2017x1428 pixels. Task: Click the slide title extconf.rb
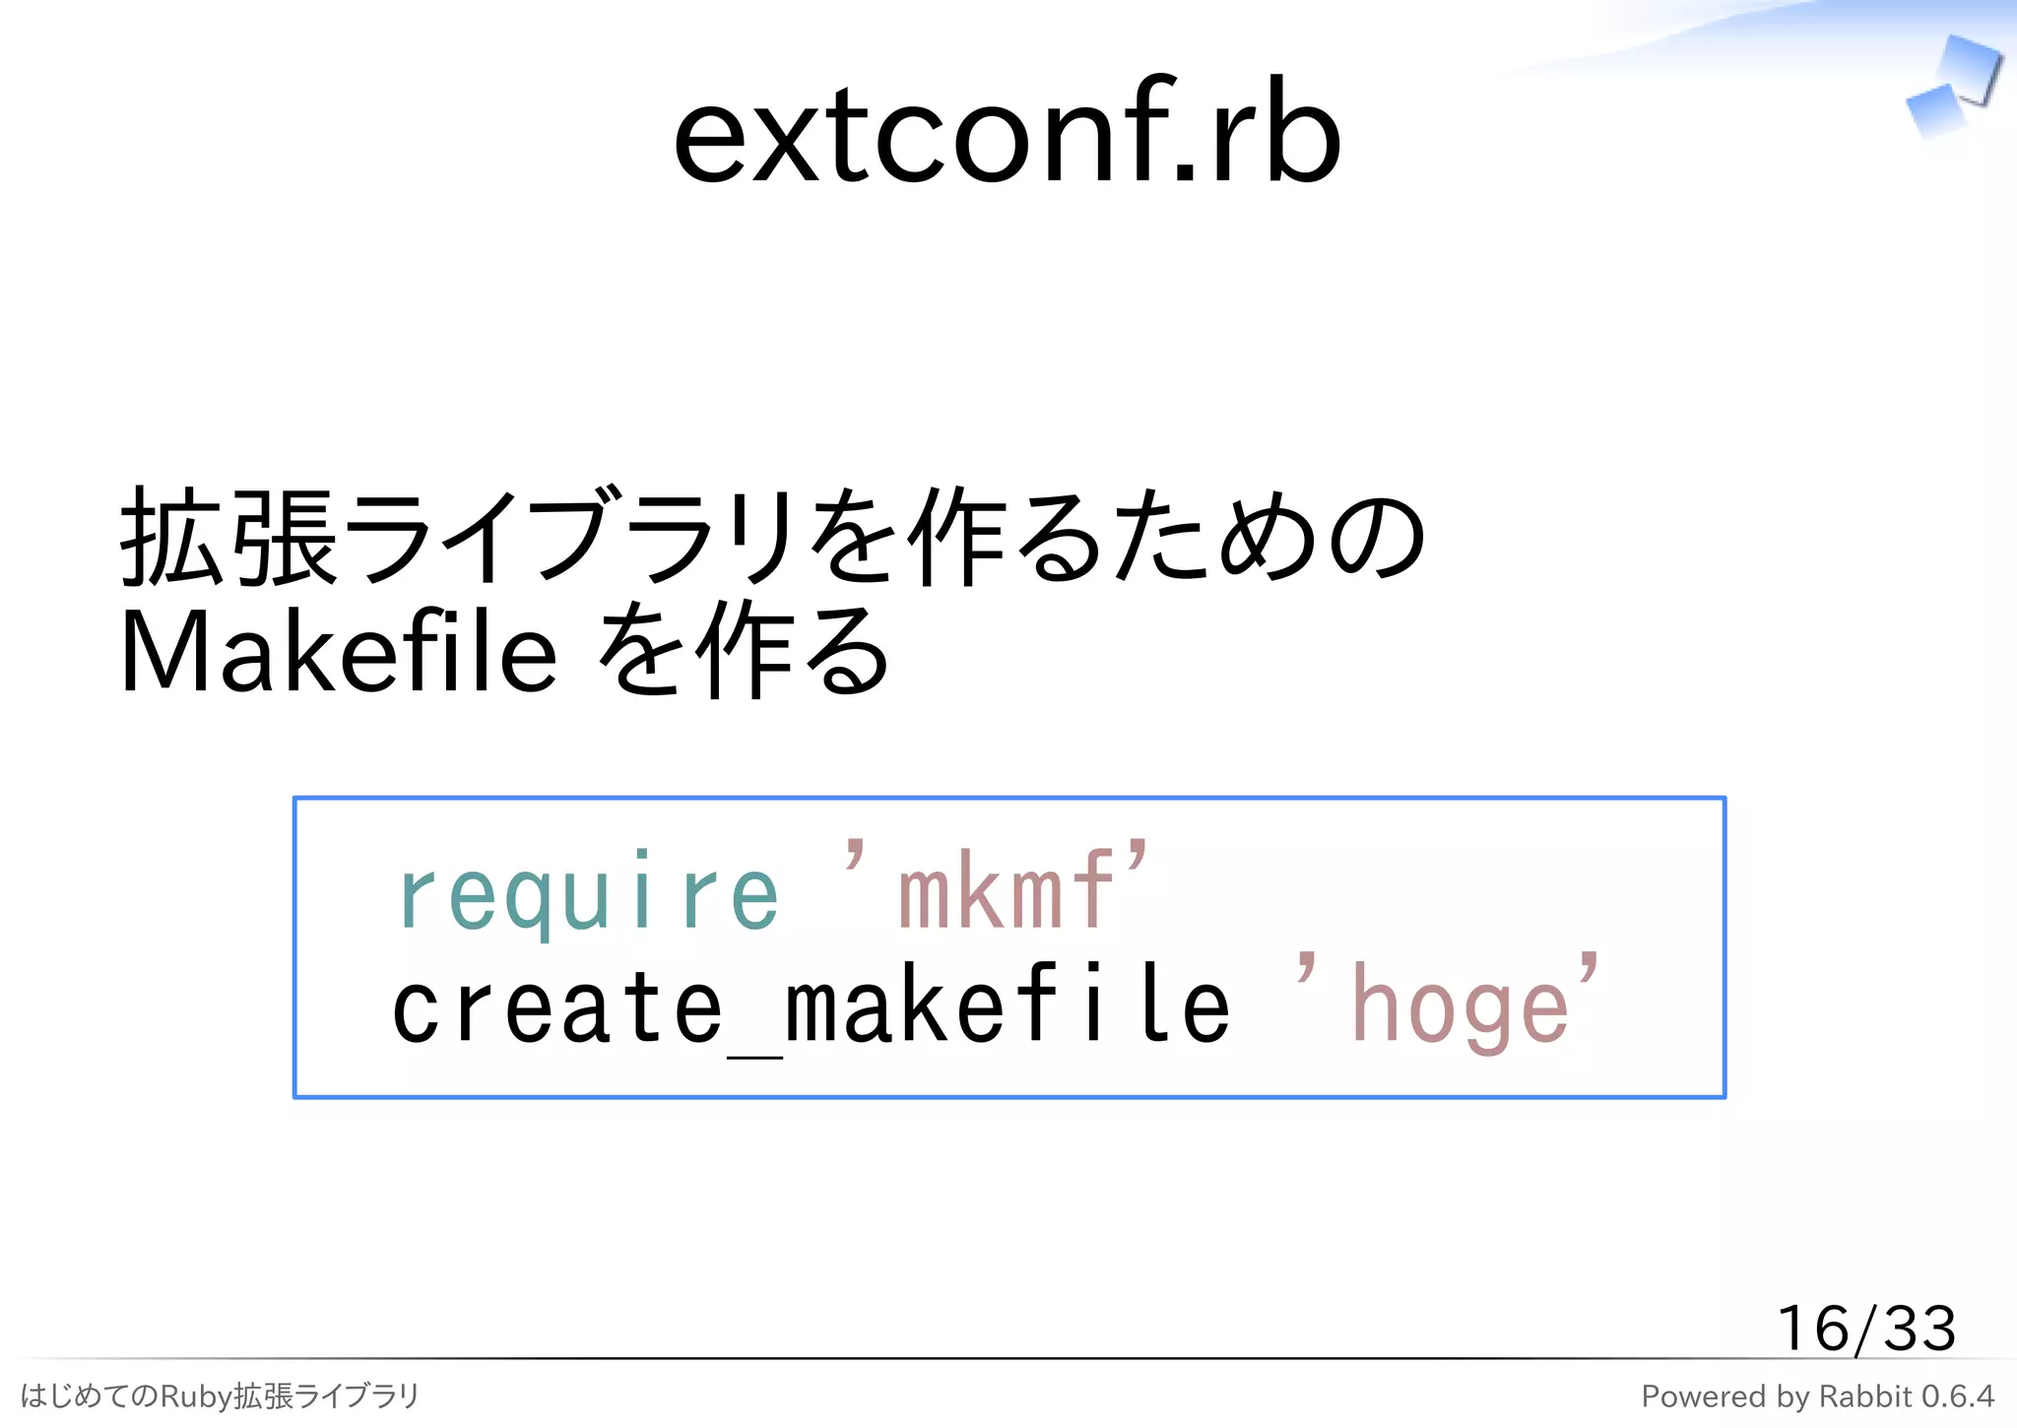click(1007, 132)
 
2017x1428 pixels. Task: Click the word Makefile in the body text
click(338, 652)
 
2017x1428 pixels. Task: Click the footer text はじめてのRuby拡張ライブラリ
click(220, 1396)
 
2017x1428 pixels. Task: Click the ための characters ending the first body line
click(1270, 538)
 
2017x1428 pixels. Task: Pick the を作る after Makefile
click(744, 652)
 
